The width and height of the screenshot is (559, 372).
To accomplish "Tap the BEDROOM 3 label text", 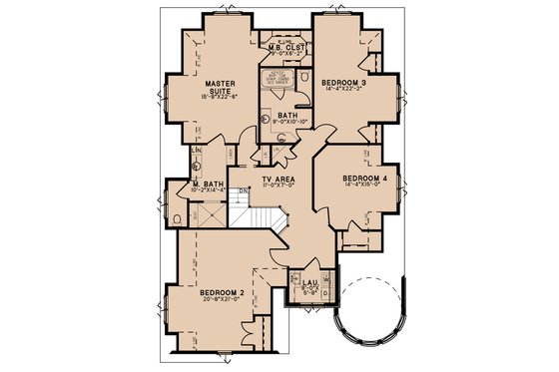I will click(344, 83).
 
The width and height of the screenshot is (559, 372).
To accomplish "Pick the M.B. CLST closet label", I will click(284, 47).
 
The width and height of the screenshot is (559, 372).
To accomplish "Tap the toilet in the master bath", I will click(178, 217).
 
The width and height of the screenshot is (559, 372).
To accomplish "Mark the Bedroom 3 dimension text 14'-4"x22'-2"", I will click(344, 92).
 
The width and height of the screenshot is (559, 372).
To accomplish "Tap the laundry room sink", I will click(296, 284).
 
